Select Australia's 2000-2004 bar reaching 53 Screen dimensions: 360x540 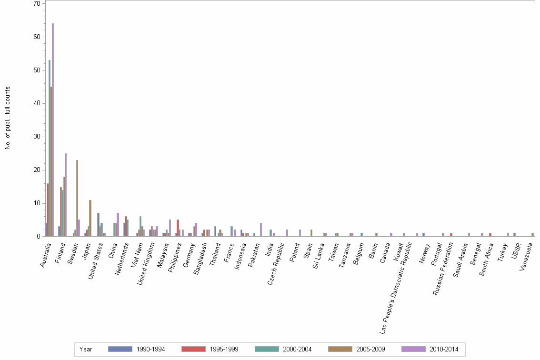coord(50,148)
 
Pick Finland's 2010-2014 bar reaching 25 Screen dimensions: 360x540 coord(66,195)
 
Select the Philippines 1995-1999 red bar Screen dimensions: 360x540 coord(178,228)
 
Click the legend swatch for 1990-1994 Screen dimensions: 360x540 coord(120,349)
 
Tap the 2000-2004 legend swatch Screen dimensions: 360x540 coord(266,349)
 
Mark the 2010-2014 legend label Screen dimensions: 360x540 coord(443,349)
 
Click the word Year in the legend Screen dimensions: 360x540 coord(86,349)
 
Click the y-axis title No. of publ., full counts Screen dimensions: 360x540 coord(8,118)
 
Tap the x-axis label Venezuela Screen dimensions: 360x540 coord(527,255)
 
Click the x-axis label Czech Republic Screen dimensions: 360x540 coord(276,261)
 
